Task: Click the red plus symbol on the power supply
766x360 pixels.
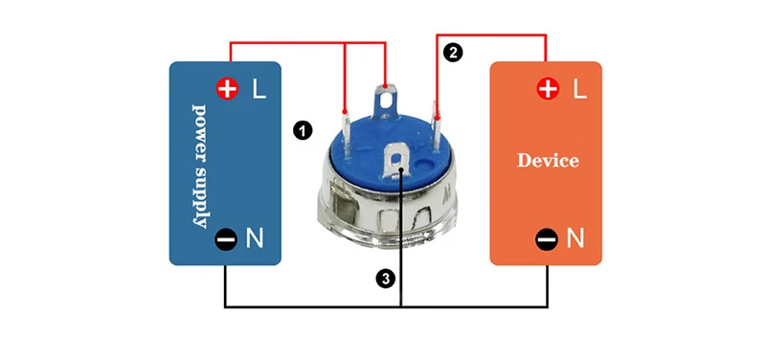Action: point(227,89)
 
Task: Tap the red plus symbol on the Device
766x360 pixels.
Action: point(548,89)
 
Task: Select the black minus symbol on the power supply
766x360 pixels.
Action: point(226,239)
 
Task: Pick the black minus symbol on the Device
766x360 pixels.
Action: point(547,239)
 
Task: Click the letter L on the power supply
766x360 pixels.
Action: point(259,89)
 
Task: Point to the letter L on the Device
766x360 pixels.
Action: point(579,89)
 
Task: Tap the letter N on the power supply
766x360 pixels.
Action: point(254,239)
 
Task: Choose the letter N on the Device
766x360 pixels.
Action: point(575,239)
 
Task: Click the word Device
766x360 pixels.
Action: point(548,160)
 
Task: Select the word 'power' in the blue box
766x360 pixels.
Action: point(199,133)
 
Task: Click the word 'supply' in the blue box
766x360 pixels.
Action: point(199,197)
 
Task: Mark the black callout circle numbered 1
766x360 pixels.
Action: point(303,130)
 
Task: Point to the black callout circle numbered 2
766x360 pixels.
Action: point(453,52)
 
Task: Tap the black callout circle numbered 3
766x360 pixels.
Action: point(386,279)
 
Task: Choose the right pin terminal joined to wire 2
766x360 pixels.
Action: point(437,128)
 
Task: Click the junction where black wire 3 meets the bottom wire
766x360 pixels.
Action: point(400,307)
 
